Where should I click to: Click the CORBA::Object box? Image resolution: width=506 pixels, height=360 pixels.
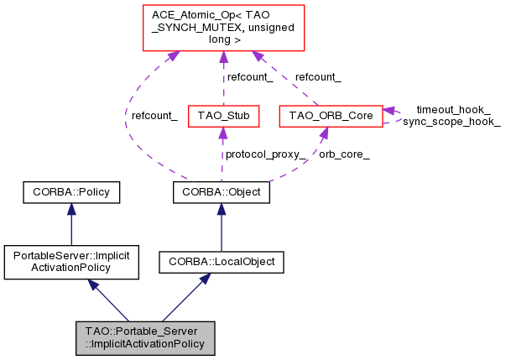pyautogui.click(x=222, y=192)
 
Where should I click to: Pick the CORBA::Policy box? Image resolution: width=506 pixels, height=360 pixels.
pyautogui.click(x=71, y=192)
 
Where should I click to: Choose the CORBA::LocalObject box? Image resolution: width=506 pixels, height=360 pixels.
pyautogui.click(x=222, y=262)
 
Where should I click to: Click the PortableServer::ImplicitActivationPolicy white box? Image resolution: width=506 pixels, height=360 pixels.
pyautogui.click(x=71, y=262)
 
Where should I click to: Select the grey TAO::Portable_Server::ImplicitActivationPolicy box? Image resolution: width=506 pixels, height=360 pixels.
pyautogui.click(x=144, y=337)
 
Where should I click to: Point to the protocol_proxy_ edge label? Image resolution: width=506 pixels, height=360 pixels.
pyautogui.click(x=263, y=154)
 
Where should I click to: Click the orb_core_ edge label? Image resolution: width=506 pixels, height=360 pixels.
pyautogui.click(x=344, y=154)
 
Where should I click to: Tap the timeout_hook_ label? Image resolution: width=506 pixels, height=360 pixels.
pyautogui.click(x=453, y=109)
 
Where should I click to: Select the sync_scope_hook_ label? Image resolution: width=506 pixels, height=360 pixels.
pyautogui.click(x=451, y=122)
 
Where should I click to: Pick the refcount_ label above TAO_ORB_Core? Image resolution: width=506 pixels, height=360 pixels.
pyautogui.click(x=318, y=76)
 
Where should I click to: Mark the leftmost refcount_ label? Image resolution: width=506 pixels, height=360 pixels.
pyautogui.click(x=154, y=115)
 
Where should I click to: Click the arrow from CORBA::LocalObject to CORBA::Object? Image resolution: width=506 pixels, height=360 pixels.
pyautogui.click(x=222, y=227)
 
